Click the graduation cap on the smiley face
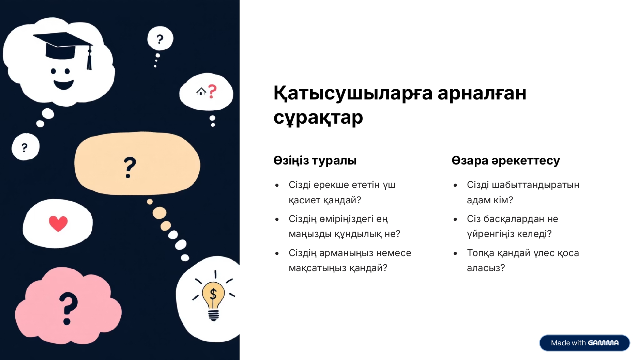[63, 48]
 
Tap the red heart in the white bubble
[58, 223]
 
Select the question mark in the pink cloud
[67, 308]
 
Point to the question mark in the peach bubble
[130, 167]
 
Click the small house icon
[201, 91]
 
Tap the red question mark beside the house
[212, 91]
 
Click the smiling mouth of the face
[64, 84]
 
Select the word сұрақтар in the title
[318, 118]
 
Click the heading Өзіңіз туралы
[315, 160]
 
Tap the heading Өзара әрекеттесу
[506, 160]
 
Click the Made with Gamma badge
[584, 343]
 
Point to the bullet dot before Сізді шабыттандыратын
[455, 185]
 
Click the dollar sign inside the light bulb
[213, 294]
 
